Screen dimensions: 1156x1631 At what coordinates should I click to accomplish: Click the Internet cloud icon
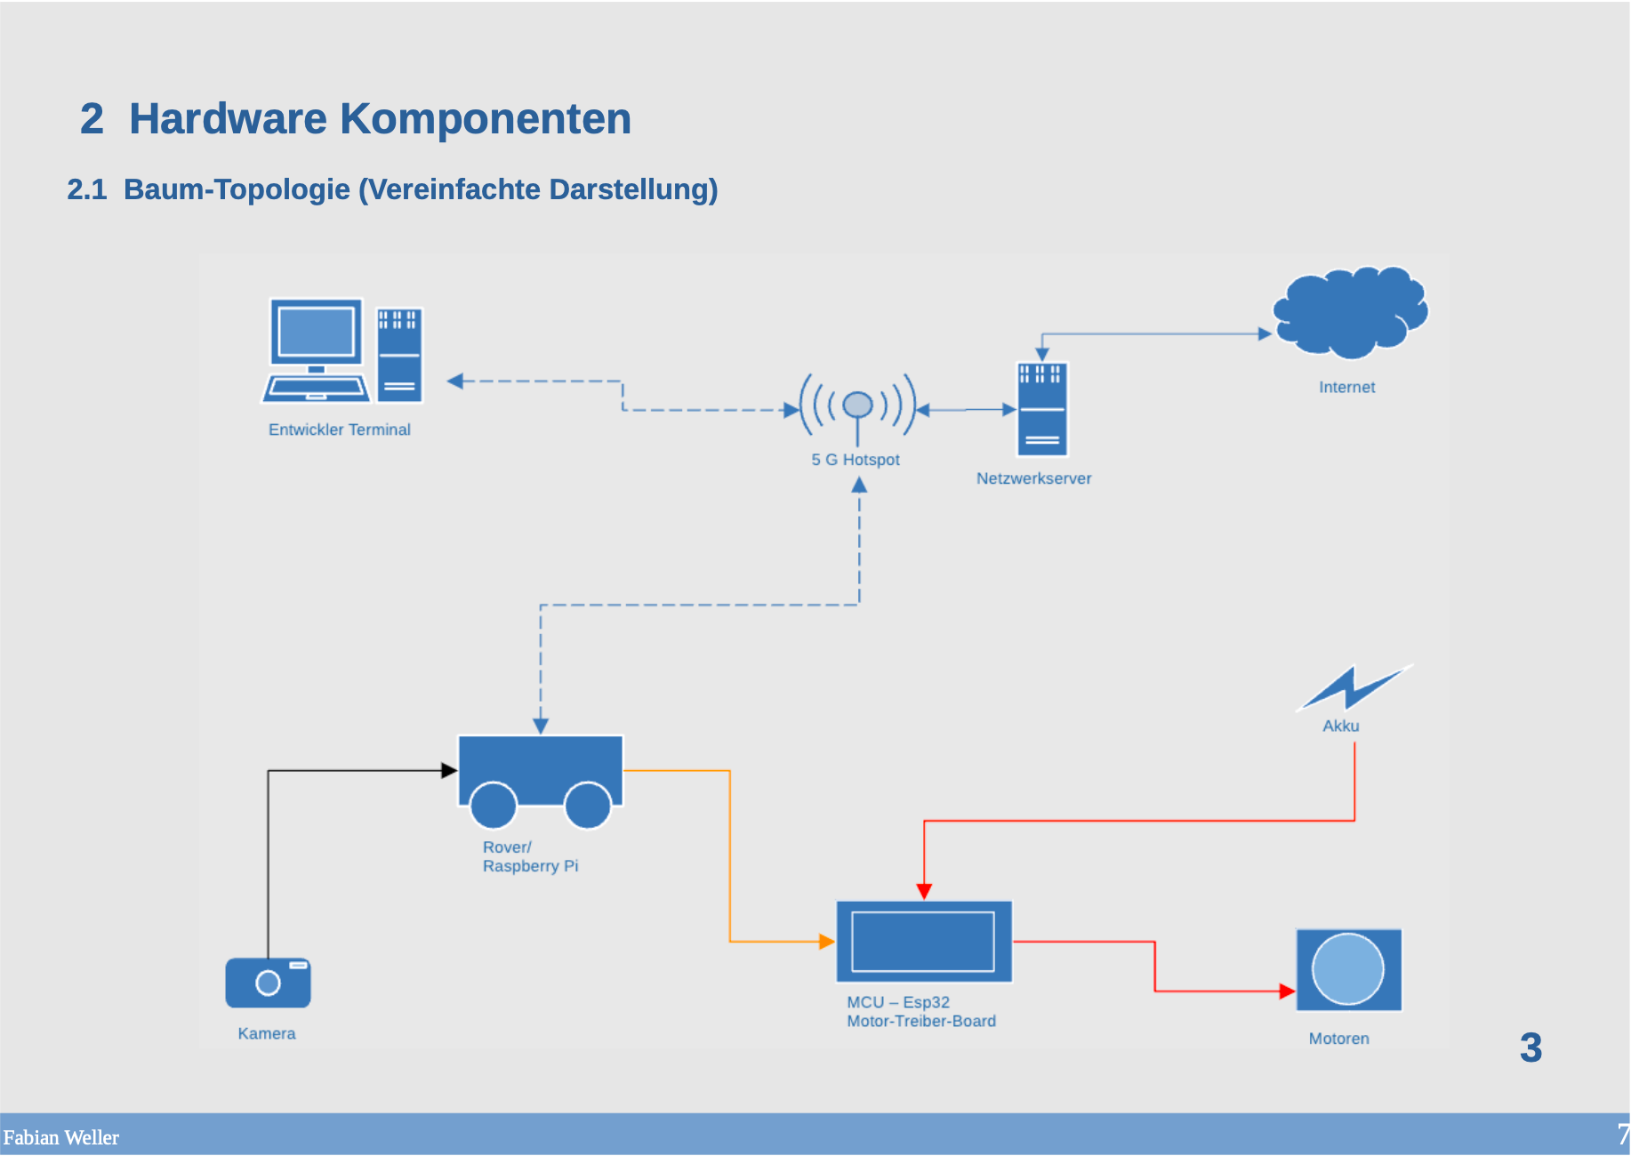[1350, 313]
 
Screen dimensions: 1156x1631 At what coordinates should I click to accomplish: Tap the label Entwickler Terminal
[339, 429]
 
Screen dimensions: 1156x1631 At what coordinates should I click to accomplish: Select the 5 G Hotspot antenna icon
[857, 406]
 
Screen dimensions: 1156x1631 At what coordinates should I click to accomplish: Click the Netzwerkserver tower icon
[1041, 409]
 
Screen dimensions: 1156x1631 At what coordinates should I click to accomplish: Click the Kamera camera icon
[268, 983]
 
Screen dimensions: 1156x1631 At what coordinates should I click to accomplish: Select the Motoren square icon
[1348, 970]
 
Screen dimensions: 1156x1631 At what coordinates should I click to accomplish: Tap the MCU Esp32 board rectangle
[923, 942]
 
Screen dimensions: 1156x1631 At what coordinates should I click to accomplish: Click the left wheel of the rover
[494, 805]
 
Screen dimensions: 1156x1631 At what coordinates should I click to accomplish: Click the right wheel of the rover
[587, 805]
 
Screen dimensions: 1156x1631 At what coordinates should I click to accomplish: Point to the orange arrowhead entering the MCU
[826, 941]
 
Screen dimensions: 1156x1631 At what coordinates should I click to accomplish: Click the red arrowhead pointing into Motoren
[1286, 991]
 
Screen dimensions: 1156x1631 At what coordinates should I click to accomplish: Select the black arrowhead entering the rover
[449, 770]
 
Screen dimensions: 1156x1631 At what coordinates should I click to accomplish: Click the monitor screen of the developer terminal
[316, 332]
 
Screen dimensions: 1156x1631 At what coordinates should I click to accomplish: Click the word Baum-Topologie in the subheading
[237, 189]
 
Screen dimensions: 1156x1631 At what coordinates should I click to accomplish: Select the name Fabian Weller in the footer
[60, 1137]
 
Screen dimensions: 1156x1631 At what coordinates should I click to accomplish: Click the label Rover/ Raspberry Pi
[529, 856]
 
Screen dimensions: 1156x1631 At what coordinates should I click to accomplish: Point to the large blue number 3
[1531, 1048]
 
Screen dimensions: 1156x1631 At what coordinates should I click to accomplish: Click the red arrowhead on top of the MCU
[924, 891]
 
